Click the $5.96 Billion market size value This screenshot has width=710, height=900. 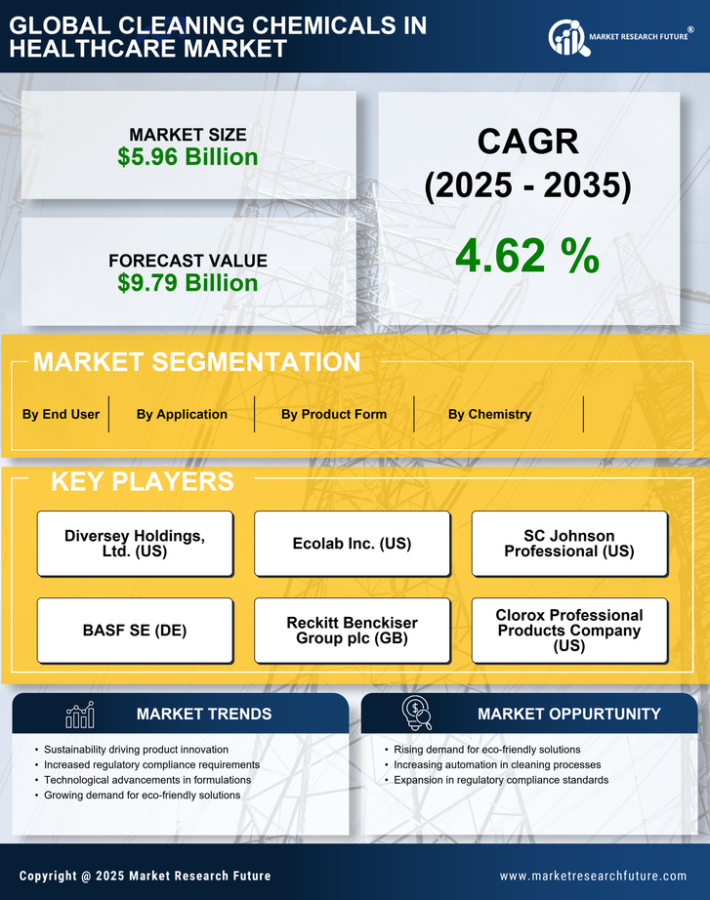coord(188,157)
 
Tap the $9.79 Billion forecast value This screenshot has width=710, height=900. coord(188,283)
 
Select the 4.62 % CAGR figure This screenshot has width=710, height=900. coord(527,256)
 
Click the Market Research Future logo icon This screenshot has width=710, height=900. coord(566,38)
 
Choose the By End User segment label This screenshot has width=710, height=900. coord(61,414)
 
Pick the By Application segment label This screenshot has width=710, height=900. coord(182,414)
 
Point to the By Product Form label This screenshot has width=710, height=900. coord(334,414)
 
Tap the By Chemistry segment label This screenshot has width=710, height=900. coord(490,414)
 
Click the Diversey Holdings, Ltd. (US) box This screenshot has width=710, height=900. coord(135,544)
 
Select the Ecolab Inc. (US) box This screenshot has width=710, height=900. coord(352,544)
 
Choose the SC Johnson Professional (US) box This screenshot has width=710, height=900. coord(569,544)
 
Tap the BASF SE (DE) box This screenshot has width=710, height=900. coord(135,631)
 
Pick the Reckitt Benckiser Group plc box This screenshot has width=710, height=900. coord(352,631)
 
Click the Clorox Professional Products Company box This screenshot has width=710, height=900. coord(569,631)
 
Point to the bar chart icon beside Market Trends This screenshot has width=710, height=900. coord(79,715)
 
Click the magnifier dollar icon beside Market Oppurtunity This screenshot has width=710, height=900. coord(417,713)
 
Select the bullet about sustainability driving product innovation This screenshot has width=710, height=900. coord(137,749)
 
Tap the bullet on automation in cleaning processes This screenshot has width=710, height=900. coord(497,764)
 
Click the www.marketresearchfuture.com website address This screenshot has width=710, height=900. coord(593,876)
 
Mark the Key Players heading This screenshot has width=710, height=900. coord(142,481)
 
